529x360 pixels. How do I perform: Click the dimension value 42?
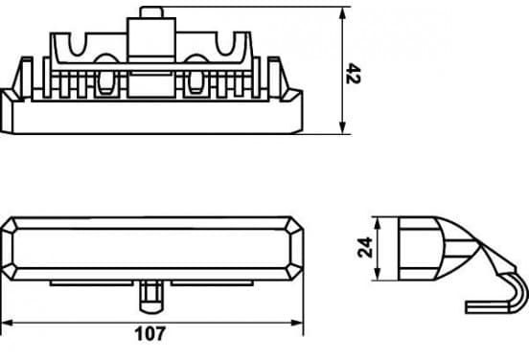tap(354, 73)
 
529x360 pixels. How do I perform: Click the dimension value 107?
tap(150, 334)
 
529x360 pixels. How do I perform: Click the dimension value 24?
tap(365, 248)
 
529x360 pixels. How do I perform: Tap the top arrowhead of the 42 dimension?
tap(342, 14)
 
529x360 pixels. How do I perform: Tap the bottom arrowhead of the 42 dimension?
tap(342, 126)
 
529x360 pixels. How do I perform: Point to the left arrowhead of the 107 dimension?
tap(8, 323)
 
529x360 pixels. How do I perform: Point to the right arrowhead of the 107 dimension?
tap(297, 323)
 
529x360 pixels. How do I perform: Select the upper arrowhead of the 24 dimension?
tap(378, 224)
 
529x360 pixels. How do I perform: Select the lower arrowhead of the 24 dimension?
tap(378, 274)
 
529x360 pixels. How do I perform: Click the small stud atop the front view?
tap(151, 12)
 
